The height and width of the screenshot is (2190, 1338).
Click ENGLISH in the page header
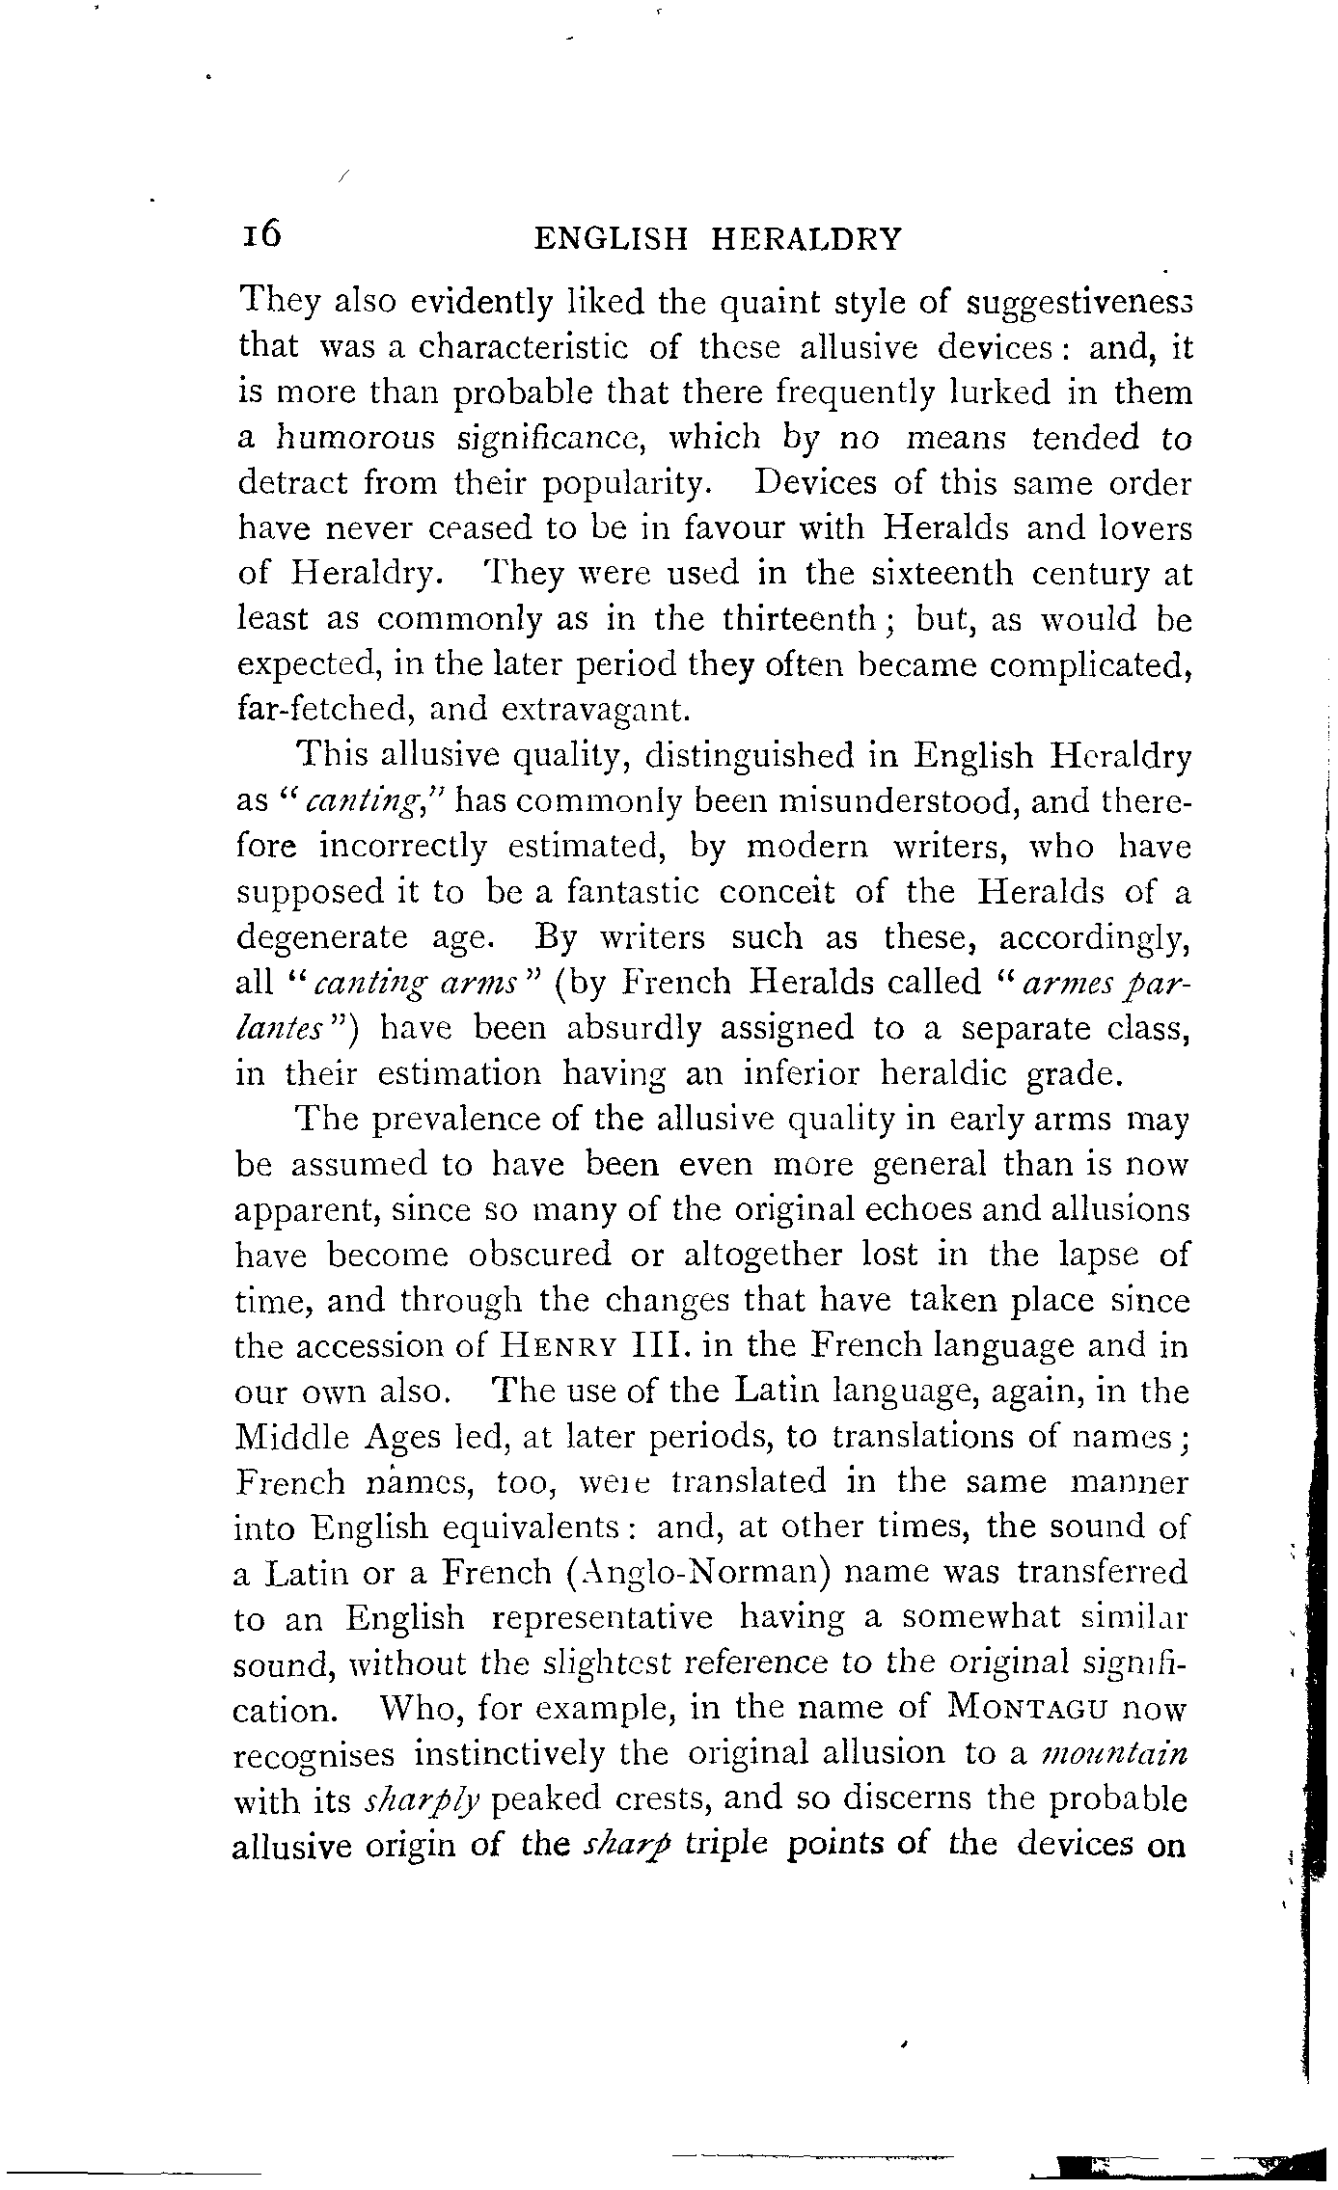pos(611,238)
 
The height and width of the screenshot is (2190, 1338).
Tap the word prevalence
pos(461,1121)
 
